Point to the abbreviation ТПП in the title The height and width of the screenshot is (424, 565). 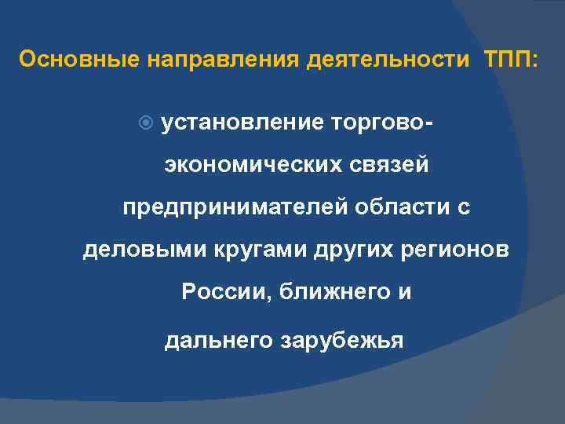point(507,60)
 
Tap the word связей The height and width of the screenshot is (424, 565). point(390,166)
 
